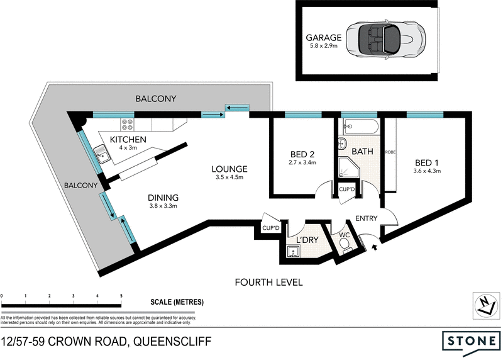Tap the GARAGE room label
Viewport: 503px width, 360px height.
click(323, 37)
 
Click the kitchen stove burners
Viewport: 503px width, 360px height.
click(126, 123)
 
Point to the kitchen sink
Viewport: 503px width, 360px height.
click(101, 152)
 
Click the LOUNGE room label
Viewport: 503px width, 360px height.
click(229, 169)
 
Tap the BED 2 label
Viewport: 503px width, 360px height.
click(302, 154)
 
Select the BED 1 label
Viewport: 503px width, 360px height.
click(428, 162)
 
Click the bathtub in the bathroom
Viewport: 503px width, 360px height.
click(359, 127)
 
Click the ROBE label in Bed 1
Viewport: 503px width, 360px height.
click(390, 152)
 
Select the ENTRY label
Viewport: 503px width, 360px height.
click(367, 218)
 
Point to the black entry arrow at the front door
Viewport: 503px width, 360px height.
click(375, 247)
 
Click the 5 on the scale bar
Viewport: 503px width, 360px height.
click(121, 295)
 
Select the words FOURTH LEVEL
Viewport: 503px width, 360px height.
click(268, 282)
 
